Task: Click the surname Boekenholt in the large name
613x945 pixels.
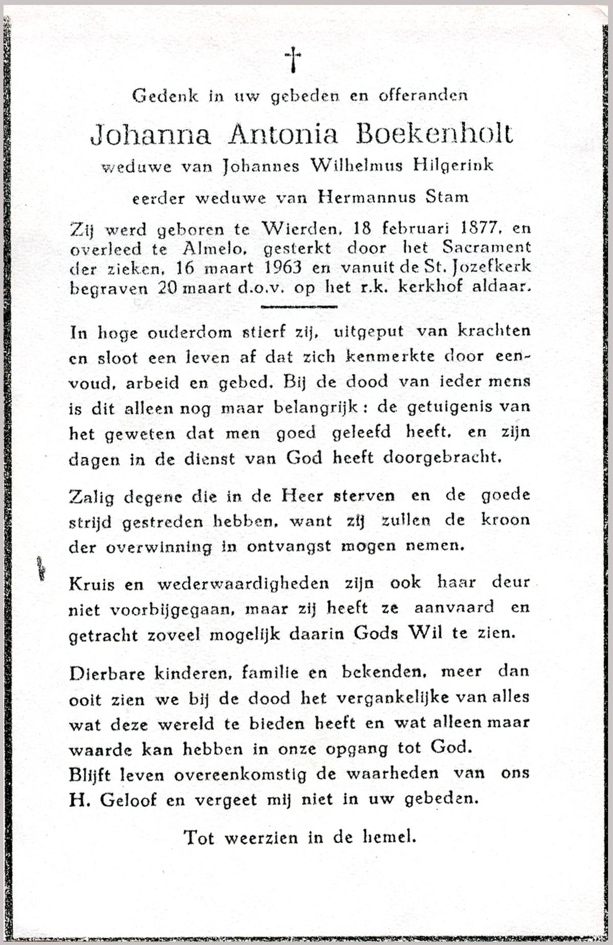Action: [x=434, y=134]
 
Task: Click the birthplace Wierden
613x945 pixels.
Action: [x=298, y=229]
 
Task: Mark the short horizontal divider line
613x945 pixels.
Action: [x=299, y=307]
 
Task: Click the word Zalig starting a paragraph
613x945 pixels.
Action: [x=91, y=497]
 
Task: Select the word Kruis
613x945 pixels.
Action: [x=92, y=584]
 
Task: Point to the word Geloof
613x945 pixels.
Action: [x=128, y=800]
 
